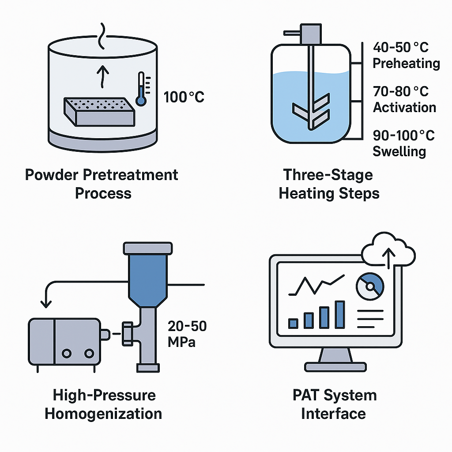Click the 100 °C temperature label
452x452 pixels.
pos(184,97)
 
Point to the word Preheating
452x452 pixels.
pos(406,63)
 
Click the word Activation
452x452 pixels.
pos(404,107)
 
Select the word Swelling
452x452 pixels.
pos(399,151)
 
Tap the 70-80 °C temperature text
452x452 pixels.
pos(401,92)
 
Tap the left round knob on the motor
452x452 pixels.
pos(66,353)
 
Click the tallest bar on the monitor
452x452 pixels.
pos(339,315)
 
